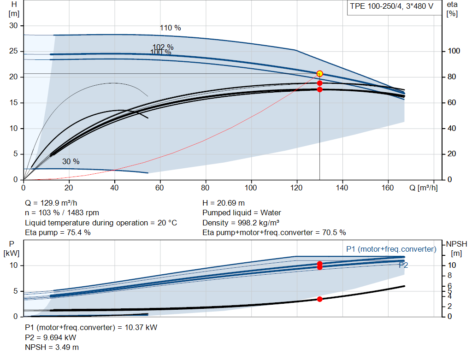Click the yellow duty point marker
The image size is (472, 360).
coord(320,74)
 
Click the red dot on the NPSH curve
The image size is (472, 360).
coord(320,299)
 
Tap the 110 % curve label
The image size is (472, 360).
coord(171,28)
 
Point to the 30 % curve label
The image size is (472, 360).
coord(71,162)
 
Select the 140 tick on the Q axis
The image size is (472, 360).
coord(342,188)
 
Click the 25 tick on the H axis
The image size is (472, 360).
coord(13,51)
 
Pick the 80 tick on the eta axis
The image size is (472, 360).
coord(452,77)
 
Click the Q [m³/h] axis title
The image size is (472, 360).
coord(424,188)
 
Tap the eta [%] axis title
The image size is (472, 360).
coord(452,9)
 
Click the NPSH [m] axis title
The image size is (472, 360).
coord(457,248)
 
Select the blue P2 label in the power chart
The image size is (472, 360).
coord(403,265)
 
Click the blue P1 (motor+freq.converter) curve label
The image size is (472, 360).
coord(391,249)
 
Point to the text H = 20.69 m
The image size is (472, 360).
coord(224,203)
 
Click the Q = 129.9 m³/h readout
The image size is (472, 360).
coord(51,203)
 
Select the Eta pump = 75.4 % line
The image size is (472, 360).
coord(58,233)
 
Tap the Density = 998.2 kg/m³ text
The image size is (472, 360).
coord(241,223)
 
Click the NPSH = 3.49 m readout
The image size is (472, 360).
coord(52,348)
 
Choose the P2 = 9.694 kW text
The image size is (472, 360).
coord(51,337)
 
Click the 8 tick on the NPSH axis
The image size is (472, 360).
coord(449,276)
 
